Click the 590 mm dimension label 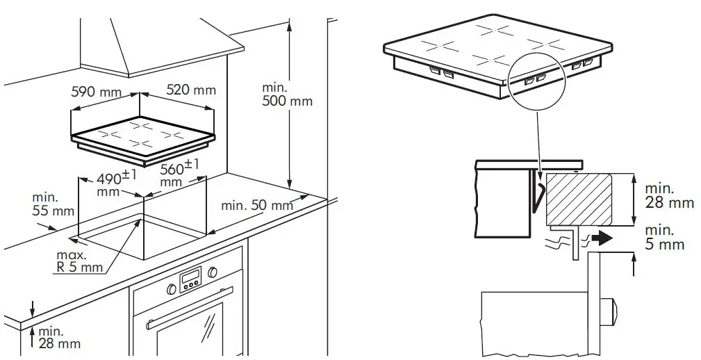click(x=96, y=92)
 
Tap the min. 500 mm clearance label click(x=287, y=95)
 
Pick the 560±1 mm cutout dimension click(x=179, y=173)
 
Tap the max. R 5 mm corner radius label click(x=79, y=261)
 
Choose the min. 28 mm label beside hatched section click(x=669, y=195)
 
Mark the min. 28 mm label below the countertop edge click(x=58, y=337)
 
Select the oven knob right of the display click(x=212, y=271)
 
